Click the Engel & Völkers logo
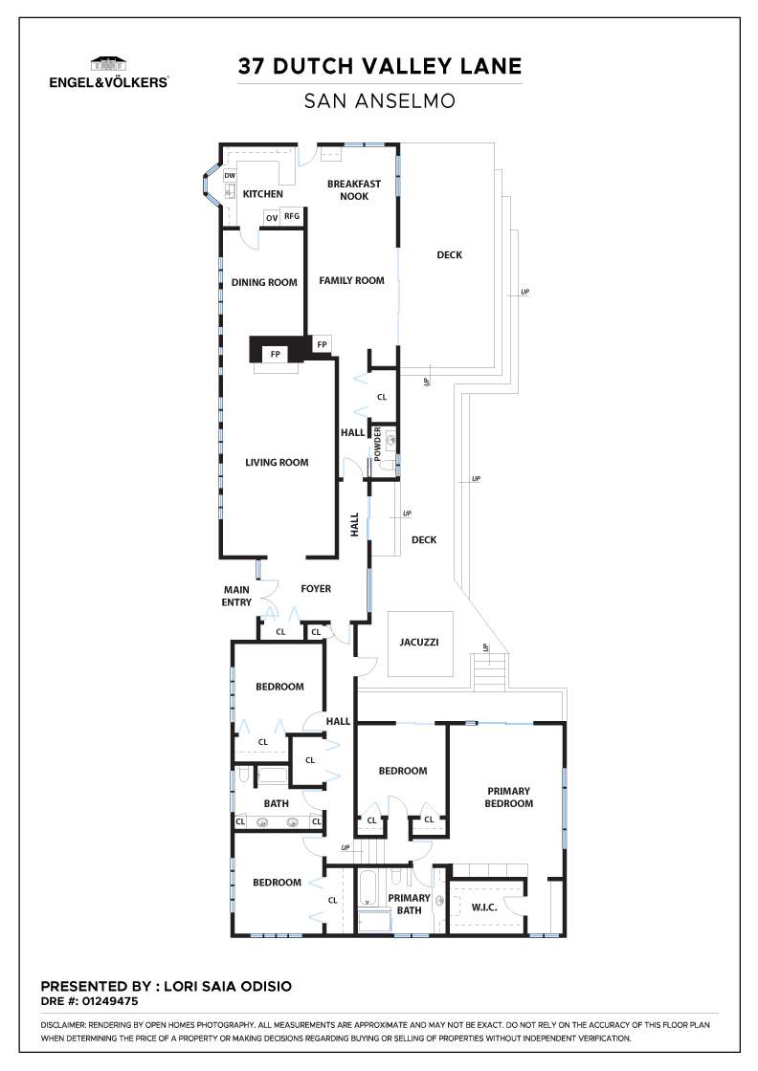109,73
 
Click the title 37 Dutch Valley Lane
380,66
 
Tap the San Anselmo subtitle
380,101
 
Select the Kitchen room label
263,194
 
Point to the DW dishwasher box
230,176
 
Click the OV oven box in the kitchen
272,218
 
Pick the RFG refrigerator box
292,216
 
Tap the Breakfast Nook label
354,190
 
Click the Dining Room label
264,282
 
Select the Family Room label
352,280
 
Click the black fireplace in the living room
278,350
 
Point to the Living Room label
277,463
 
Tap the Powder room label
377,444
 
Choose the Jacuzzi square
420,644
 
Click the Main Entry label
236,596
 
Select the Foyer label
316,588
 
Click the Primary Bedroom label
508,798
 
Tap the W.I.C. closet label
484,907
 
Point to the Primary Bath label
409,904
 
